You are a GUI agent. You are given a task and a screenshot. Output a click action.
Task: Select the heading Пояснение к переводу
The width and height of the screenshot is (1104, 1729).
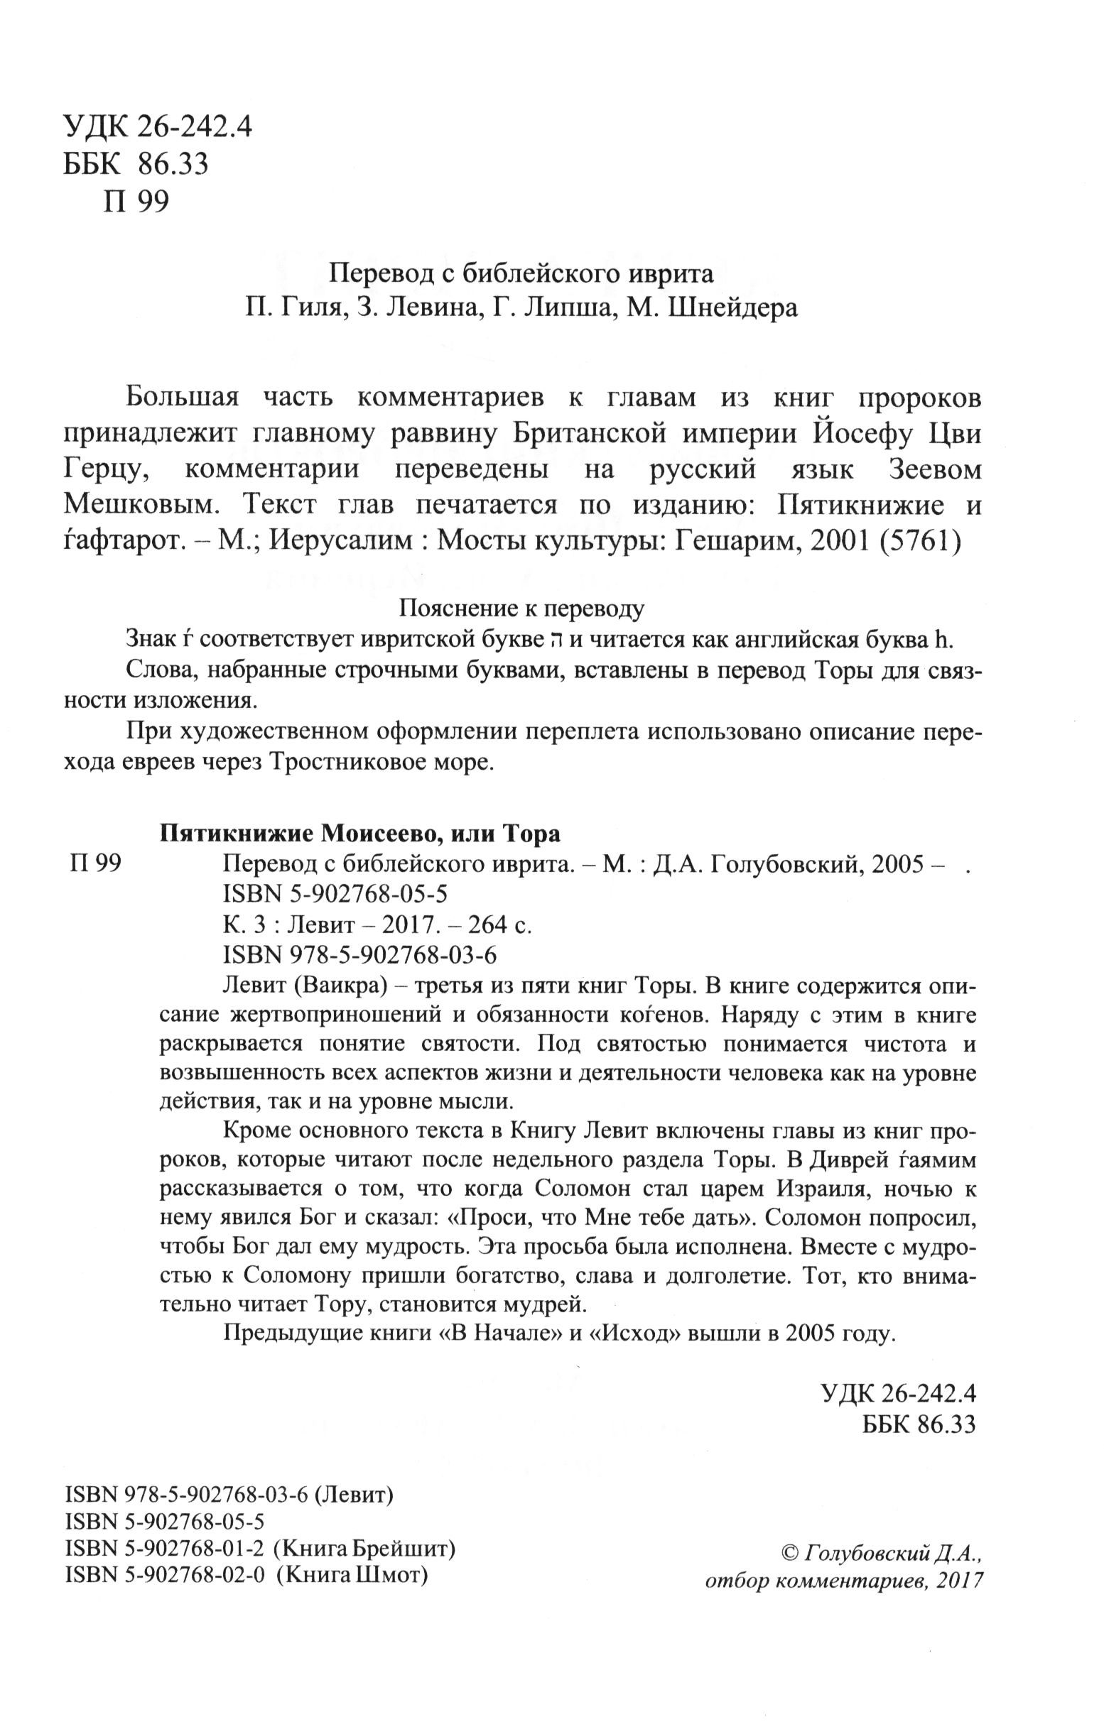[521, 609]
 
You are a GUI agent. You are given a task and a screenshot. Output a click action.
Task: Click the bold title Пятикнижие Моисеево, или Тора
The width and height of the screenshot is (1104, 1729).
[359, 834]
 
